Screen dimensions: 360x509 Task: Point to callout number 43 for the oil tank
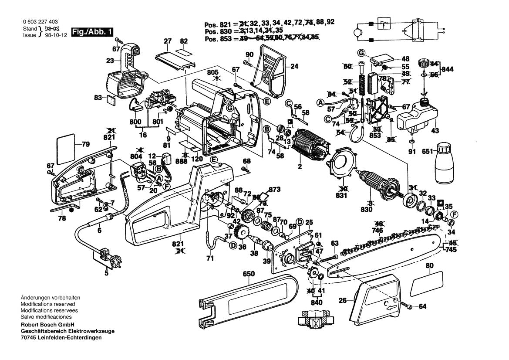[x=435, y=131]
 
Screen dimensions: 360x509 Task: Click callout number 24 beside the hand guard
[x=295, y=67]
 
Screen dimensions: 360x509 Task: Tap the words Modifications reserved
[x=48, y=304]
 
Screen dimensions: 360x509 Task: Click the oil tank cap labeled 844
[x=422, y=62]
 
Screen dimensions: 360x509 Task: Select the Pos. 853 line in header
[x=261, y=38]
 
